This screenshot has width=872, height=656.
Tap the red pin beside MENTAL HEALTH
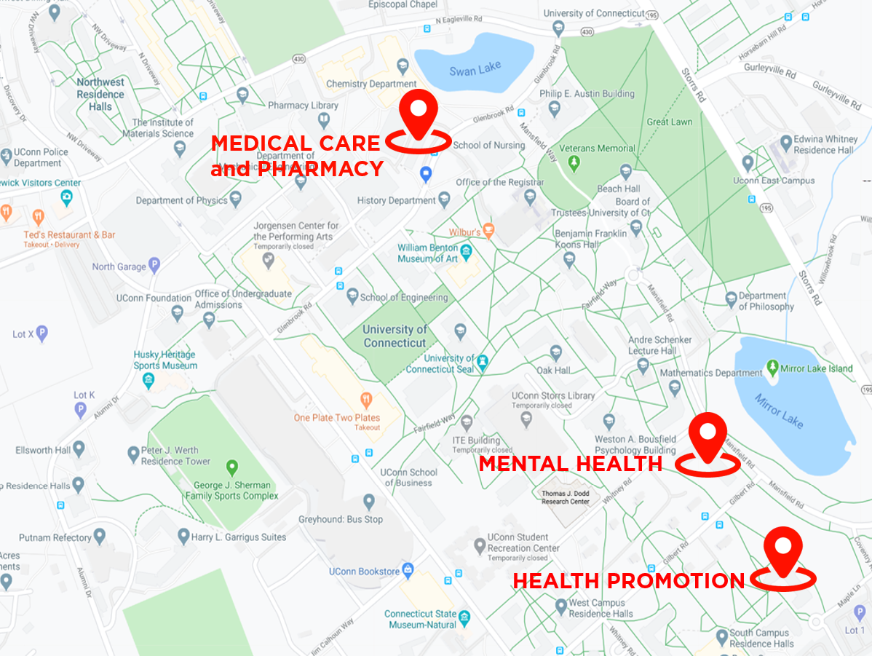(708, 437)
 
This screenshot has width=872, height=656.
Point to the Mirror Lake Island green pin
(772, 368)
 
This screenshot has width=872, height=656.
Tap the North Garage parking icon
(154, 266)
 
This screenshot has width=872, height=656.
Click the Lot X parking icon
(42, 334)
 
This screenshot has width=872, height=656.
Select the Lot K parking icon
(81, 410)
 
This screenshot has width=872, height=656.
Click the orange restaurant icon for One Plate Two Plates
(367, 400)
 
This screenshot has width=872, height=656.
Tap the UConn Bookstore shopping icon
(408, 571)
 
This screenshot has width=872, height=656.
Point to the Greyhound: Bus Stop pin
(369, 502)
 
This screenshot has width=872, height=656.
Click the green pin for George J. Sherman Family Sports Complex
(232, 467)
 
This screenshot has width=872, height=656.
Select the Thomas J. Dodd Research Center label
(565, 497)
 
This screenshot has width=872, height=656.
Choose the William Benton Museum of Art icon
(467, 253)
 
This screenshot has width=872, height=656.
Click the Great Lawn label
(670, 122)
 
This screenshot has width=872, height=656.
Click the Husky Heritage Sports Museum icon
(148, 380)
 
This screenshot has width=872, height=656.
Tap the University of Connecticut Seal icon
(482, 362)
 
